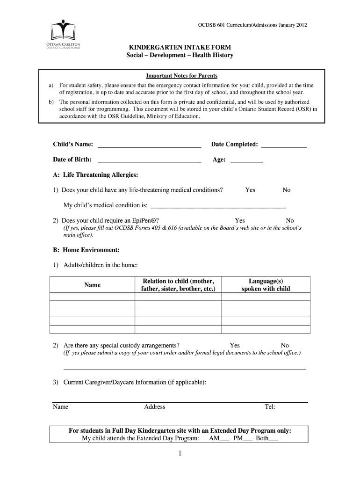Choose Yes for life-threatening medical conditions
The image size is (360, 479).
(x=250, y=190)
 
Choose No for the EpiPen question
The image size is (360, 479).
(x=290, y=220)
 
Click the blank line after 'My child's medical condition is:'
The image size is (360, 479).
(x=218, y=205)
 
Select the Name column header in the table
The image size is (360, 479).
(x=92, y=285)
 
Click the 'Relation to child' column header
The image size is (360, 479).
(x=178, y=285)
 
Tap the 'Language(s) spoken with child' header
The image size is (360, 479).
(x=266, y=285)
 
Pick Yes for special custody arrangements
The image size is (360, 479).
(x=235, y=345)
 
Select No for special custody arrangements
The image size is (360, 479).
(x=285, y=345)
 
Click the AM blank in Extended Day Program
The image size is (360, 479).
(x=224, y=440)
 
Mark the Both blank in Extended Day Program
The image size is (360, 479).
(x=273, y=440)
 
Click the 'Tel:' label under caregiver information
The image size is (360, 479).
(x=270, y=406)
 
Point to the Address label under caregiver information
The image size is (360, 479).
(x=154, y=406)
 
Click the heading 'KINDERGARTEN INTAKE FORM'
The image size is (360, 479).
(x=180, y=48)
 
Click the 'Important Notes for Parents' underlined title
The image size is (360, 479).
(x=182, y=76)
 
